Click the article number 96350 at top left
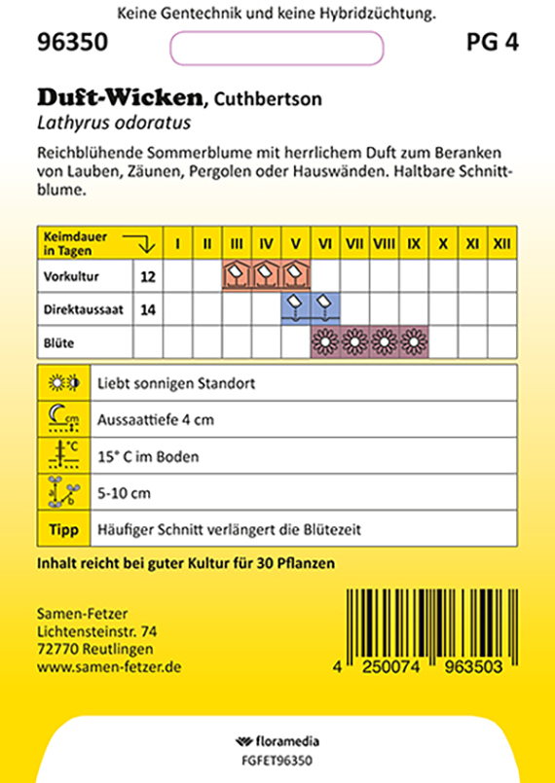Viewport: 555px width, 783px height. pos(73,45)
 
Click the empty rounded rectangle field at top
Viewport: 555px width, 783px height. pos(277,48)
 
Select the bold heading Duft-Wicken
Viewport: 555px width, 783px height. pos(121,97)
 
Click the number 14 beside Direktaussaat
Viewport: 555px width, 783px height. pos(148,309)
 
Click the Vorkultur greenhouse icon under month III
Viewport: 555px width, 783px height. pos(237,275)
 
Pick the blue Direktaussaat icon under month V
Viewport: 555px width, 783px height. pos(295,308)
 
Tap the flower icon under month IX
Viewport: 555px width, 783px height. pos(414,342)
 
